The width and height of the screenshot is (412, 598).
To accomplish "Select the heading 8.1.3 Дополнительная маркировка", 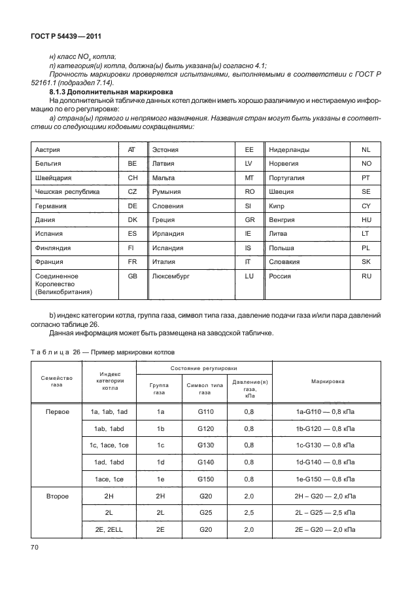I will pos(107,93).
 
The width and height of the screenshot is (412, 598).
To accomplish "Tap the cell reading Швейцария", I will pos(53,178).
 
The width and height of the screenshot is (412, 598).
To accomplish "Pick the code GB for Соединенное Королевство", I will pos(132,276).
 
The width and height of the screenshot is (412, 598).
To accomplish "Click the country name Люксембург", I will pos(169,276).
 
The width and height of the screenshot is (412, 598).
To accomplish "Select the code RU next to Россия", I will pos(366,276).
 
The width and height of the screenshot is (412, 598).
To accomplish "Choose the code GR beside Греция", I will pos(249,220).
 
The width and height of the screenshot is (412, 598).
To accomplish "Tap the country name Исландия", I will pos(167,248).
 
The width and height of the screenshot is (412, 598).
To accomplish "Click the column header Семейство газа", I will pos(56,381).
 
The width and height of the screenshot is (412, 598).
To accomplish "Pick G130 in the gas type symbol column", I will pos(205,445).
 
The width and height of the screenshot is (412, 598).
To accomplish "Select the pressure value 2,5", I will pos(249,512).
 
